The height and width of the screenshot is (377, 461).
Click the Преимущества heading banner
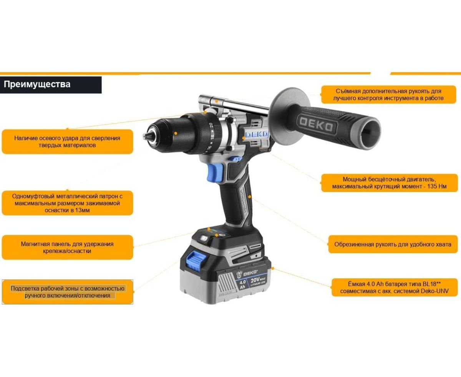pos(51,85)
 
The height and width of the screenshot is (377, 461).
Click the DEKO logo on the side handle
pos(316,125)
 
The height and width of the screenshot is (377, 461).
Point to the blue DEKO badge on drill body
pos(257,134)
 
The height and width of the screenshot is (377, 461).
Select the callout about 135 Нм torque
pos(389,183)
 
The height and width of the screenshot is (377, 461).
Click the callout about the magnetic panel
pos(67,248)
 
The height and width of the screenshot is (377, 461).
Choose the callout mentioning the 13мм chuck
pos(67,203)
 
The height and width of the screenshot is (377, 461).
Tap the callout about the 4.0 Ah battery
pos(395,288)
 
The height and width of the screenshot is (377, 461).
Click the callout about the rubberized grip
pos(393,244)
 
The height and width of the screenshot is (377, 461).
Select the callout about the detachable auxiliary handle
pos(388,94)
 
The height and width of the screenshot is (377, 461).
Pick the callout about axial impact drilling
pos(67,142)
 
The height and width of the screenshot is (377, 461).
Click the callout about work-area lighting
pos(67,292)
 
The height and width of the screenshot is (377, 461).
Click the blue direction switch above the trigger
pos(235,159)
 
